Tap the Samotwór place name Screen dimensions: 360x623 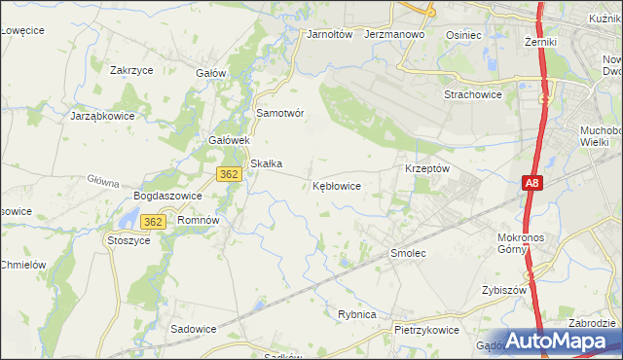pos(280,113)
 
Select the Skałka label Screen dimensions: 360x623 pos(266,163)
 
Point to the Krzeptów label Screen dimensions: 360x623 pos(426,168)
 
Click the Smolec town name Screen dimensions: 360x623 pos(409,253)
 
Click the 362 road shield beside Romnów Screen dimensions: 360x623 pos(151,222)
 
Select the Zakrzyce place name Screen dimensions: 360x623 pos(134,70)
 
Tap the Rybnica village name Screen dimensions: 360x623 pos(356,313)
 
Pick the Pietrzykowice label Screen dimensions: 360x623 pos(426,330)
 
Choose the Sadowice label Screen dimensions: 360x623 pos(193,329)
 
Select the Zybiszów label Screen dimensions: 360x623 pos(503,290)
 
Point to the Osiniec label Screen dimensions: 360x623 pos(463,34)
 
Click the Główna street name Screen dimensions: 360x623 pos(102,181)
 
